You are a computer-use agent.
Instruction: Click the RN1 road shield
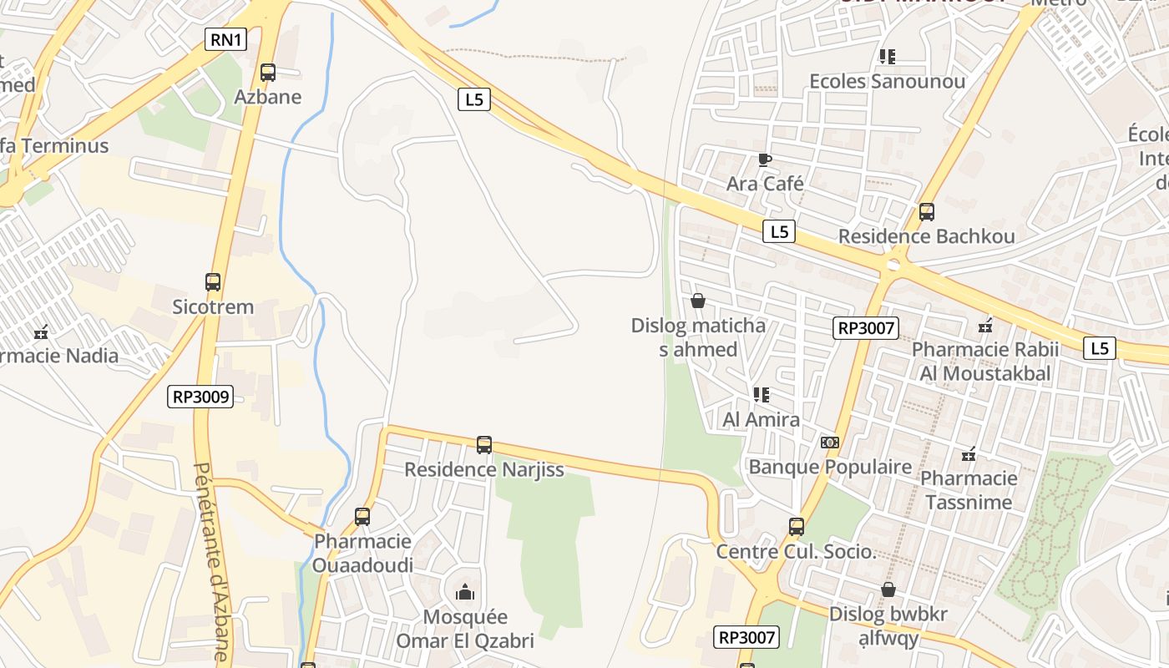[226, 38]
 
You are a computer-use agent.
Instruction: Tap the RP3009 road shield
[200, 396]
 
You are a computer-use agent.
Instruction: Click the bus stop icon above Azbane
[267, 73]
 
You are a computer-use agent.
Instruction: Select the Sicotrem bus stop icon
[213, 282]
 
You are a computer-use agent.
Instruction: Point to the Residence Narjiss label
[484, 469]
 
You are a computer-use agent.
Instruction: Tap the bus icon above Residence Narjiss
[484, 445]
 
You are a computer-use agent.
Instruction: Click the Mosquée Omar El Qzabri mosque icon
[465, 593]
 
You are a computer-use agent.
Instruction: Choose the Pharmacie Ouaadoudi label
[363, 553]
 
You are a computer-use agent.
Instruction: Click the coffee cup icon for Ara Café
[764, 159]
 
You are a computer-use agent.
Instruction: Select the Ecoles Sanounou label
[888, 81]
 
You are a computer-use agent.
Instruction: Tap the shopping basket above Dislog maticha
[698, 301]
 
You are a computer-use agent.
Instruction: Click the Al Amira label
[762, 419]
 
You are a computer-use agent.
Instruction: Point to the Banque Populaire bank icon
[829, 443]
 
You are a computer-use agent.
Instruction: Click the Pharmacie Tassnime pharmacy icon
[969, 455]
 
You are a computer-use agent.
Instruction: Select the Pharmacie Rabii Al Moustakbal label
[985, 362]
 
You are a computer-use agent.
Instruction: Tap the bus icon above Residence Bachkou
[927, 212]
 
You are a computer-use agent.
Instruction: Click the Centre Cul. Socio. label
[796, 552]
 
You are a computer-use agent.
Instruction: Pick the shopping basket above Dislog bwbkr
[888, 590]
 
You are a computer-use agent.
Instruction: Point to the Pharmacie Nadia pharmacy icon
[41, 332]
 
